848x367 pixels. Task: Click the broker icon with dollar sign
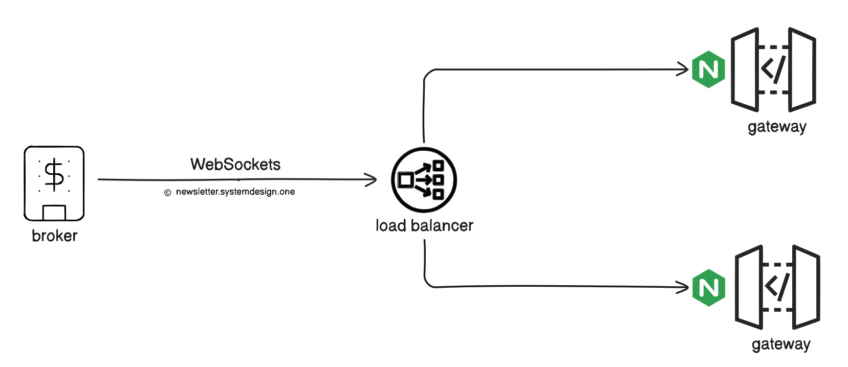coord(54,183)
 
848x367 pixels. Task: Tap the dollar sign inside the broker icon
coord(54,174)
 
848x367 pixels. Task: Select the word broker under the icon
coord(54,236)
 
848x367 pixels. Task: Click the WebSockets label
coord(235,164)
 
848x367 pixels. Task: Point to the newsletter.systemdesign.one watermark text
coord(235,192)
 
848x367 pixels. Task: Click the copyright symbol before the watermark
coord(167,193)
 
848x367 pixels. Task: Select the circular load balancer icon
coord(424,180)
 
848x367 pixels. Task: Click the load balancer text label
coord(424,225)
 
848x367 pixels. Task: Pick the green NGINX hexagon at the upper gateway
coord(708,70)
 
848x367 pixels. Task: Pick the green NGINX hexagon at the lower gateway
coord(709,287)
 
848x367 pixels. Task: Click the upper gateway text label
coord(777,127)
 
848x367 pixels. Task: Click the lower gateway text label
coord(781,344)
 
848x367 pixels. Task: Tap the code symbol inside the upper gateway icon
coord(773,69)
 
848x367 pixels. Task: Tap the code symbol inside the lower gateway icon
coord(777,287)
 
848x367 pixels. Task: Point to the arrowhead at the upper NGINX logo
coord(685,69)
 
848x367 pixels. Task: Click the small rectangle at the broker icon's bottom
coord(54,213)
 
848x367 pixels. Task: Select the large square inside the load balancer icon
coord(406,180)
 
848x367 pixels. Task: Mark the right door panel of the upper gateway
coord(802,70)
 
